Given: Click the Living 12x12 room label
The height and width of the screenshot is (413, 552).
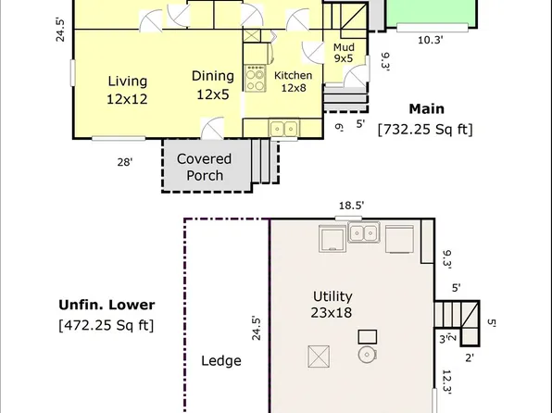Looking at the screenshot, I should [x=128, y=89].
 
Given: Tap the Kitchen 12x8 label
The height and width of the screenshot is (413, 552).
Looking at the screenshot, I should [x=293, y=81].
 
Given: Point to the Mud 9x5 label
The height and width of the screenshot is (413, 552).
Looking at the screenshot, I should [x=344, y=52].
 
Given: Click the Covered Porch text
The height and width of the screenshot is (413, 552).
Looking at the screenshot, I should [x=204, y=167].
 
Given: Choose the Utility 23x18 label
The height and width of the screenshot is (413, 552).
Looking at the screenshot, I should [x=332, y=305].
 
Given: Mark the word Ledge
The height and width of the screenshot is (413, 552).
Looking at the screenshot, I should [x=221, y=361].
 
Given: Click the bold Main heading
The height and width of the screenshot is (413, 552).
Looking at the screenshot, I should [x=426, y=109].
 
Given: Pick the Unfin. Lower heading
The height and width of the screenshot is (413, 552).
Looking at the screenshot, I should [x=107, y=305].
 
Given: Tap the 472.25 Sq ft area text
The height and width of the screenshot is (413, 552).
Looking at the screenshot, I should [x=107, y=325].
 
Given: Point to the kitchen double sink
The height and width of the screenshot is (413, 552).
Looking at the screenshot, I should [x=282, y=129].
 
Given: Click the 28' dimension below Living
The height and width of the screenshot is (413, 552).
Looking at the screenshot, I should [x=123, y=162].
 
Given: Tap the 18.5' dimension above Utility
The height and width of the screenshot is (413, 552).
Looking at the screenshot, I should [x=350, y=206].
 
